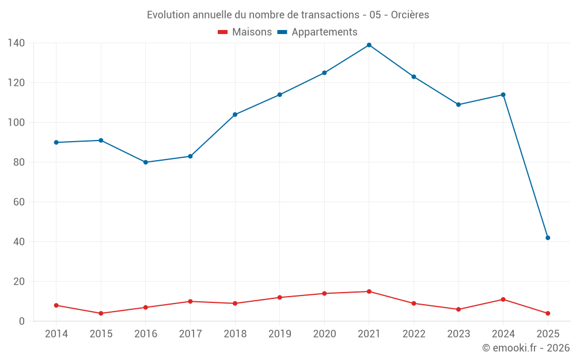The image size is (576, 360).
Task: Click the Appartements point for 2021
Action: coord(369,45)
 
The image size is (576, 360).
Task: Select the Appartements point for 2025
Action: coord(548,238)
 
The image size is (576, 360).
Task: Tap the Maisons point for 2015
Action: coord(101,313)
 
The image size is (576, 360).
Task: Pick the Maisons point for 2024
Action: coord(503,300)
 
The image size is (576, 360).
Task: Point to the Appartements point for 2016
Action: coord(146,162)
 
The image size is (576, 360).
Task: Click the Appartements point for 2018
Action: coord(235,115)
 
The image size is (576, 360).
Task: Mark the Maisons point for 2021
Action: coord(369,291)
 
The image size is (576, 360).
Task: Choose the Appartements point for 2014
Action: coord(56,142)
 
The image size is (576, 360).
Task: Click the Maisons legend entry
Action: coord(245,32)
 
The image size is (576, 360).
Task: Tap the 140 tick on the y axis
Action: coord(16,43)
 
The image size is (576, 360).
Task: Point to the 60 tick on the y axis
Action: coord(19,202)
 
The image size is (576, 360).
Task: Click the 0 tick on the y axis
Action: coord(21,321)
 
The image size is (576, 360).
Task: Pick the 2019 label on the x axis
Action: coord(280,334)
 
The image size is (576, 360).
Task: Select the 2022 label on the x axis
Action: coord(414,334)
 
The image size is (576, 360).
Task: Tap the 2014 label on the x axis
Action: coord(56,334)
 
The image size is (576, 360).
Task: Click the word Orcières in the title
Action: coord(410,15)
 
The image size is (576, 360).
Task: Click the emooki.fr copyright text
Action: coord(525,348)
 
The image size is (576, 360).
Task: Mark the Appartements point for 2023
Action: coord(458,105)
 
